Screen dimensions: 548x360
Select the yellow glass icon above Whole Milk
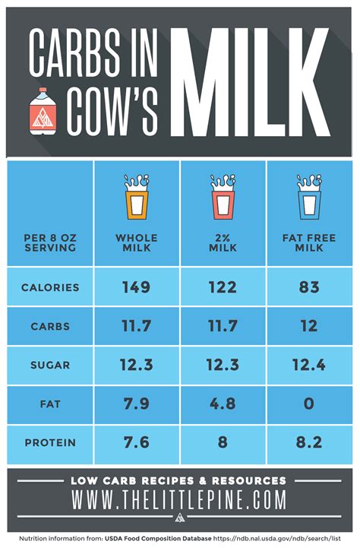pyautogui.click(x=137, y=198)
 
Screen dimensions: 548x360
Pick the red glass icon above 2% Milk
pyautogui.click(x=223, y=198)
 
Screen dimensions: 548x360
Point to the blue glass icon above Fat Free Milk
pyautogui.click(x=308, y=198)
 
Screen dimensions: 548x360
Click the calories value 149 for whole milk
pyautogui.click(x=137, y=288)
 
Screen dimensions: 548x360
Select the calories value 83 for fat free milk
pyautogui.click(x=308, y=288)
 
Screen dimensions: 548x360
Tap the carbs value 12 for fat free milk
pyautogui.click(x=308, y=327)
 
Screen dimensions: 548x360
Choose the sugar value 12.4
pyautogui.click(x=308, y=366)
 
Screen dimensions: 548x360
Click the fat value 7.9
pyautogui.click(x=137, y=404)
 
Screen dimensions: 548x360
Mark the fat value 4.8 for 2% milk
pyautogui.click(x=223, y=404)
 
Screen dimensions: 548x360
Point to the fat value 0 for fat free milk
pyautogui.click(x=308, y=404)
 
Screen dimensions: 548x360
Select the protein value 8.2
pyautogui.click(x=308, y=443)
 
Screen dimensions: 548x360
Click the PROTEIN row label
pyautogui.click(x=50, y=443)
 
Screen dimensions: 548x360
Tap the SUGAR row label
pyautogui.click(x=50, y=366)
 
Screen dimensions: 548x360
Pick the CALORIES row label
pyautogui.click(x=50, y=288)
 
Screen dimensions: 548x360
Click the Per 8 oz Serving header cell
pyautogui.click(x=50, y=242)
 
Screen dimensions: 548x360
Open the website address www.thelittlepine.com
pyautogui.click(x=179, y=500)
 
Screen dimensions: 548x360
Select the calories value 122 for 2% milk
pyautogui.click(x=223, y=288)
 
